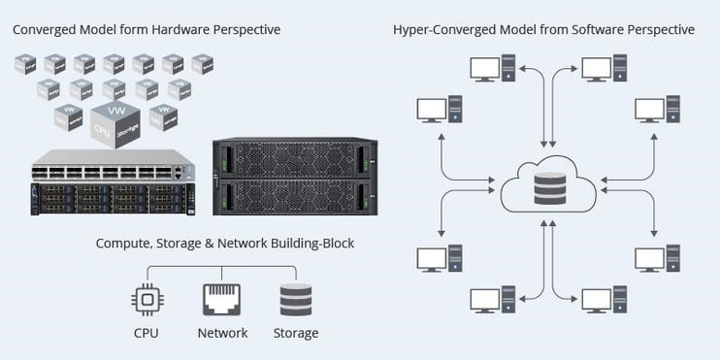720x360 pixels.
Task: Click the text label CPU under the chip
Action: click(146, 333)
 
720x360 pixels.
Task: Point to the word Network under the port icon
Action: click(221, 333)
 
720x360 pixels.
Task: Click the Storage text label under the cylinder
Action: click(295, 333)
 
